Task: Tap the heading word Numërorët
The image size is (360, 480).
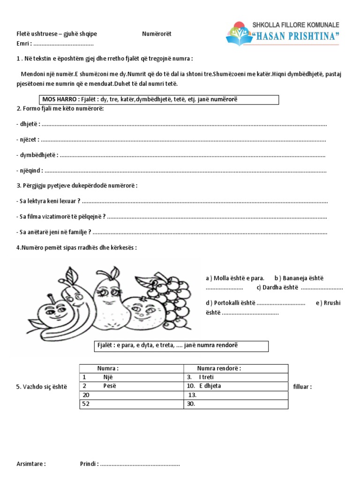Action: [157, 34]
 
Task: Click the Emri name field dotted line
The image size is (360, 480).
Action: [64, 44]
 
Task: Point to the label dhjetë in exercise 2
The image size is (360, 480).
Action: [28, 124]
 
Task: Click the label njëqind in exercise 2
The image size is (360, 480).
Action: [29, 170]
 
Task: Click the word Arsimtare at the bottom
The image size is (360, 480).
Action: [31, 464]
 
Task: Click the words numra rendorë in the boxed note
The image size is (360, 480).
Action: [216, 346]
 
